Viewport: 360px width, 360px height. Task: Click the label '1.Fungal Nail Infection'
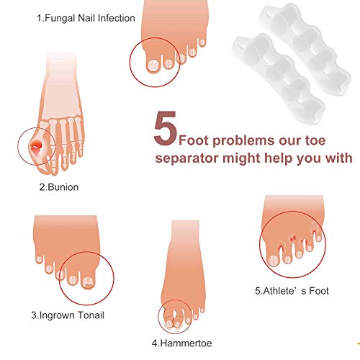coord(86,18)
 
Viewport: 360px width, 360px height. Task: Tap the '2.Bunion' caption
coord(59,187)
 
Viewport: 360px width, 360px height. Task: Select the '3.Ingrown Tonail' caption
coord(68,315)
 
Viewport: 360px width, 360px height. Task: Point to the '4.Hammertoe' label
coord(181,343)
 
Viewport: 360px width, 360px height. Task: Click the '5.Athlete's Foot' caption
coord(292,291)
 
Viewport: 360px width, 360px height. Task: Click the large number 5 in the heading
coord(166,128)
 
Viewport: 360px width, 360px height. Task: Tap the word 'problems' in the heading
coord(243,141)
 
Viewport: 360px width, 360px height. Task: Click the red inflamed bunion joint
coord(37,145)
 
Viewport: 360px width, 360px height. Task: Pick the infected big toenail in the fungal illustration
coord(153,65)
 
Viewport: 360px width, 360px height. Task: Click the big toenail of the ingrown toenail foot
coord(88,282)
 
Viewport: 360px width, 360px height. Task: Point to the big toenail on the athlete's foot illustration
coord(273,261)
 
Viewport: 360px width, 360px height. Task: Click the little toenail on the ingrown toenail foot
coord(39,259)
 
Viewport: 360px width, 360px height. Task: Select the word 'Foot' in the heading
coord(194,140)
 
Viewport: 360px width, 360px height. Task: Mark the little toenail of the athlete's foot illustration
coord(318,238)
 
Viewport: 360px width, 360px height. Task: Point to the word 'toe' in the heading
coord(315,140)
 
